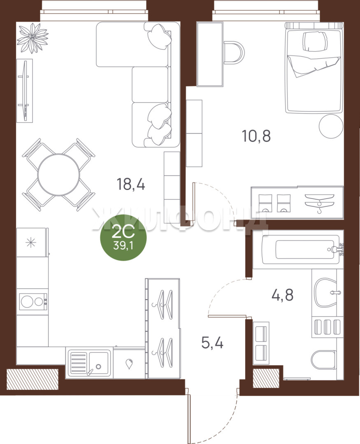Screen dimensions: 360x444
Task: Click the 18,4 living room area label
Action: [x=131, y=184]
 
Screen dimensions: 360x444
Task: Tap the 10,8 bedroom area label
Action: [x=256, y=136]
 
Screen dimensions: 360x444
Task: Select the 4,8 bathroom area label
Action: [x=282, y=295]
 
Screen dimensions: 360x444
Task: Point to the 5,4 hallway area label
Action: [x=212, y=343]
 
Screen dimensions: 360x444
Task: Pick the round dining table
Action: [x=59, y=175]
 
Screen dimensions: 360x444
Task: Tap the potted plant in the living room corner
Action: [x=33, y=38]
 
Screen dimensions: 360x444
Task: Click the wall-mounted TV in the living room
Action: [x=24, y=90]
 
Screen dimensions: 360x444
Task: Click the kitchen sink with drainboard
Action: [x=89, y=363]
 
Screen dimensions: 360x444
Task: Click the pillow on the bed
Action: [x=314, y=42]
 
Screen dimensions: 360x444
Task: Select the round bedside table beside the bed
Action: [x=331, y=126]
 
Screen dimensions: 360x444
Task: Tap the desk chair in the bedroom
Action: [x=234, y=53]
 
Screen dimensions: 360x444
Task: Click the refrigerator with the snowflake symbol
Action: [x=31, y=243]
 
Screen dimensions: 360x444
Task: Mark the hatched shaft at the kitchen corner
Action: [x=33, y=379]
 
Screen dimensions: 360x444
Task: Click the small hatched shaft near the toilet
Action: [x=266, y=378]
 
